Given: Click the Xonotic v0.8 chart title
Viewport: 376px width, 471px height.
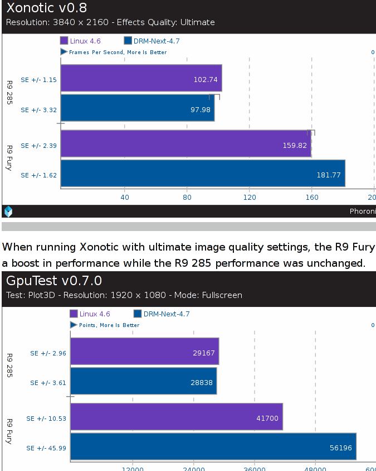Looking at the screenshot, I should click(x=46, y=8).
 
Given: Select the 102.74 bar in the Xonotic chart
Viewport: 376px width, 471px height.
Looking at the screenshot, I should click(x=141, y=78).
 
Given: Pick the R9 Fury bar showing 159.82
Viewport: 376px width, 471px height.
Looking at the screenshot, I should click(x=185, y=144).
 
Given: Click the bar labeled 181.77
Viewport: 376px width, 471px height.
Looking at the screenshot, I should click(x=203, y=174).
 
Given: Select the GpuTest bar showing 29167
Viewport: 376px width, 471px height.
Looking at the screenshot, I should click(x=144, y=352).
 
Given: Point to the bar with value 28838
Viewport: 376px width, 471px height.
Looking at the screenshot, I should click(x=143, y=381).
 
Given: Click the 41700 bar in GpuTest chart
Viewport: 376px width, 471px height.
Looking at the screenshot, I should click(x=176, y=417).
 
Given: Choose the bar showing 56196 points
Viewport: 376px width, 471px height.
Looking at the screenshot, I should click(x=213, y=446).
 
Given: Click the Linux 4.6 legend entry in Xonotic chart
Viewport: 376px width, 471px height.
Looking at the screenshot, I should click(x=85, y=41).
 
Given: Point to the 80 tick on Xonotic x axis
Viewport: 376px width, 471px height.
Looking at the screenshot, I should click(x=187, y=197).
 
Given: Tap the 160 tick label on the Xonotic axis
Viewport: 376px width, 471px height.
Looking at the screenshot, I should click(x=311, y=197).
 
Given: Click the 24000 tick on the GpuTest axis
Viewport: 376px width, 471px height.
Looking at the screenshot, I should click(x=193, y=468).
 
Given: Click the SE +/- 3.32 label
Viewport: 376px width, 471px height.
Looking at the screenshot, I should click(x=39, y=110).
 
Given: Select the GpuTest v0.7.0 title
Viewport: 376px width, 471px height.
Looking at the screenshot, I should click(x=54, y=281).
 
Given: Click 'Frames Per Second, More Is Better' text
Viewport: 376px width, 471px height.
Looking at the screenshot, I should click(x=118, y=52).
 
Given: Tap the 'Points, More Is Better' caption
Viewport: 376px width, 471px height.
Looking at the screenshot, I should click(x=109, y=325).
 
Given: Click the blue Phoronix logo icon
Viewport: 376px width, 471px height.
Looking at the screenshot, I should click(x=8, y=211).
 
